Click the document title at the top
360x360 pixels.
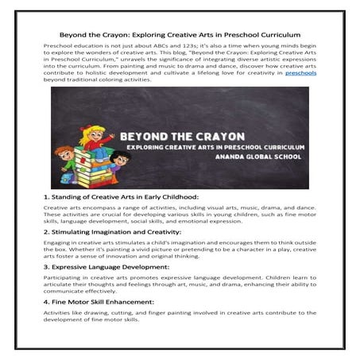pyautogui.click(x=180, y=36)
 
